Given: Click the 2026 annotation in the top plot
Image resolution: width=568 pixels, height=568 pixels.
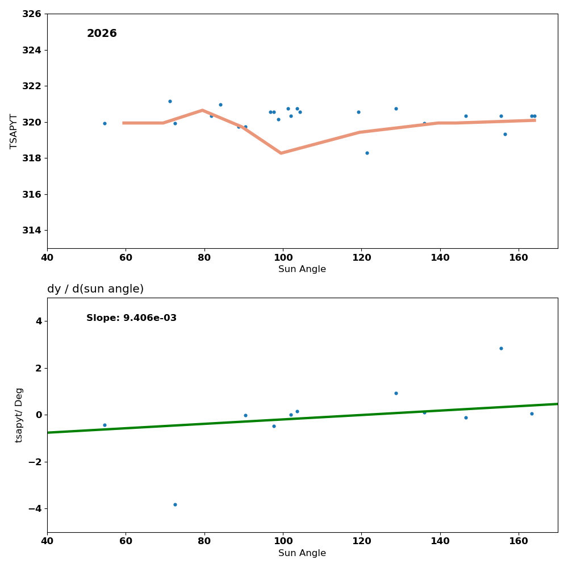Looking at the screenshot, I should [102, 34].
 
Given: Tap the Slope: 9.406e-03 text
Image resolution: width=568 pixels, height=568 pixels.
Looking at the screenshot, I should [131, 318].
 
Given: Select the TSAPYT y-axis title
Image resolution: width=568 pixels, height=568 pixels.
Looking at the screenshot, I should [14, 131].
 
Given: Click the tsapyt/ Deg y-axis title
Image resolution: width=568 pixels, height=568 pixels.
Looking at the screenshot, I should [19, 415].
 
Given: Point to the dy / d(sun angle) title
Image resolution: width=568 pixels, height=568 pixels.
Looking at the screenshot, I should [95, 289].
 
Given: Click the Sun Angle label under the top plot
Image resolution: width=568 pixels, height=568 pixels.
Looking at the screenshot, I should [302, 269].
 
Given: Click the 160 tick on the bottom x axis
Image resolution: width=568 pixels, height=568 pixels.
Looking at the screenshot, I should [519, 541].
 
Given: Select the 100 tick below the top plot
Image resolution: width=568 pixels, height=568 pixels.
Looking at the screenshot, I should [283, 257].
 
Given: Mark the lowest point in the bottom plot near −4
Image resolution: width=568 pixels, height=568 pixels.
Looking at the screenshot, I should [175, 504].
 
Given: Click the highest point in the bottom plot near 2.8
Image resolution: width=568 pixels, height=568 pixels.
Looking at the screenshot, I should [501, 348].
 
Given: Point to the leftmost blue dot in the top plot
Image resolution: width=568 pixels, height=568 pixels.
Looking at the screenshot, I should [105, 123].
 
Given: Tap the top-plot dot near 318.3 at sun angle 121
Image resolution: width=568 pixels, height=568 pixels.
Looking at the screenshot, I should [367, 153].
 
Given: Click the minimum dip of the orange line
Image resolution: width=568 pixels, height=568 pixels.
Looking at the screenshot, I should [281, 153].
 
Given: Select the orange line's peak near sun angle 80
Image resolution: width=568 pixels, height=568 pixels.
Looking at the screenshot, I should [202, 110].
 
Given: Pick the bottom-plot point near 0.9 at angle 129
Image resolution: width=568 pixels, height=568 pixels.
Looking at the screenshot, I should [396, 393].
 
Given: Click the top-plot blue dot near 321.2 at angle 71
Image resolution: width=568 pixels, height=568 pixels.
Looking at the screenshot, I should [170, 101].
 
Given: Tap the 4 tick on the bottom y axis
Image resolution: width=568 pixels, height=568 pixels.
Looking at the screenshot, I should [38, 321].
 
